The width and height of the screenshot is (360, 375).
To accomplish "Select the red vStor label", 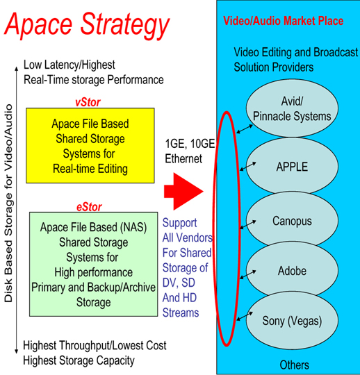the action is (88, 102).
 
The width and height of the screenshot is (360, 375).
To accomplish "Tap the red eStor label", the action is (89, 207).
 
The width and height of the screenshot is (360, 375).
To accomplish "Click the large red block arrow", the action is (183, 192).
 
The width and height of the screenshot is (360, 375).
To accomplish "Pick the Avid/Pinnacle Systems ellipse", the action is (293, 108).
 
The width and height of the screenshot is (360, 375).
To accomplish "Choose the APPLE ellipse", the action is (293, 166).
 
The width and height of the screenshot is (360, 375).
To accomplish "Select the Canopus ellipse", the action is (293, 219).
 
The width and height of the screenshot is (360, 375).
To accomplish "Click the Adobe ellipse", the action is (293, 270).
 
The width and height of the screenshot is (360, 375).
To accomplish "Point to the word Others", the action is (295, 365).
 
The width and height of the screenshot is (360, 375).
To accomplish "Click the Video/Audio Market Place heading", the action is (284, 21).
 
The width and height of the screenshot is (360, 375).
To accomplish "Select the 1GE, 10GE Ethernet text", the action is (190, 151).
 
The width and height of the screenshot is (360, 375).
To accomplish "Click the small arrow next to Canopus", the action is (248, 225).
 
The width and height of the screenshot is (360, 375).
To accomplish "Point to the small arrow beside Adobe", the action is (248, 274).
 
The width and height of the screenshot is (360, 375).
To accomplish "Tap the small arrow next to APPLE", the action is (248, 166).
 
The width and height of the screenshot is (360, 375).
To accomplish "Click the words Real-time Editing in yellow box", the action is (90, 169).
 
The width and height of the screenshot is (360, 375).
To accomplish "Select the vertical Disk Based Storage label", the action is (8, 203).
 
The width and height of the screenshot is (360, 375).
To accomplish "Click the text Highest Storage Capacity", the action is (79, 360).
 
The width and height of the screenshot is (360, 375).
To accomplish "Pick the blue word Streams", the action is (181, 312).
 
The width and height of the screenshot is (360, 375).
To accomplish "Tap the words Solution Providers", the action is (274, 67).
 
